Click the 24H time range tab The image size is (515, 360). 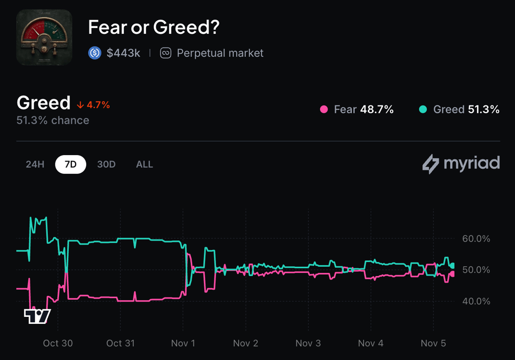click(x=35, y=165)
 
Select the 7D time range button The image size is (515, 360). click(x=70, y=165)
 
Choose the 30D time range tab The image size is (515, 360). click(x=106, y=165)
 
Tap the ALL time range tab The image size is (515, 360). click(x=144, y=165)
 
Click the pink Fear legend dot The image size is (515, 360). click(x=324, y=110)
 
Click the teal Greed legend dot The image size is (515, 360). click(x=423, y=110)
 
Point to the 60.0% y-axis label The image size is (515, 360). click(x=476, y=239)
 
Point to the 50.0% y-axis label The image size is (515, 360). click(x=476, y=270)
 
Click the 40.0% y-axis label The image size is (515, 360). click(x=476, y=301)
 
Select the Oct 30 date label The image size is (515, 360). click(x=58, y=343)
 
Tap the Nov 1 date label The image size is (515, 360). click(x=183, y=343)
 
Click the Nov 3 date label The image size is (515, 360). click(x=308, y=343)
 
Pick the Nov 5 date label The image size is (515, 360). click(x=433, y=343)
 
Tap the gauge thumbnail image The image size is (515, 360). click(x=44, y=37)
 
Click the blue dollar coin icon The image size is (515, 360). click(x=95, y=53)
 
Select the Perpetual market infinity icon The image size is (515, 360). click(x=165, y=53)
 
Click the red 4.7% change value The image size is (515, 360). click(x=98, y=105)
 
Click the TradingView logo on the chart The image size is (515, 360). click(x=37, y=316)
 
